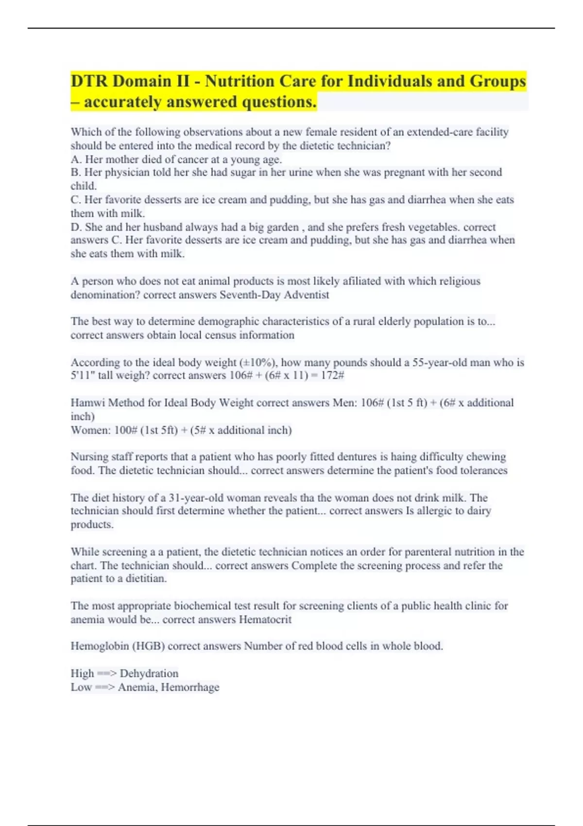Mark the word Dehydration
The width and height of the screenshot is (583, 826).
149,673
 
